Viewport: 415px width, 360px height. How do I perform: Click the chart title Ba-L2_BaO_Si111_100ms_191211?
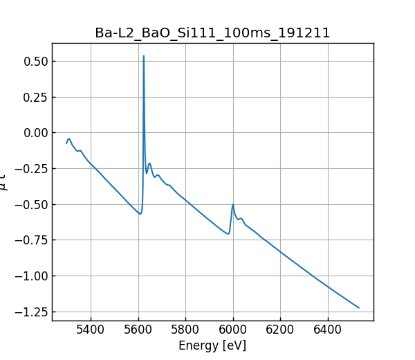pos(212,33)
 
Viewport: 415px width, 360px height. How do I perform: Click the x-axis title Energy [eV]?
pos(212,345)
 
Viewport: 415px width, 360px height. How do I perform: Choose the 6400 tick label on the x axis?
pos(327,330)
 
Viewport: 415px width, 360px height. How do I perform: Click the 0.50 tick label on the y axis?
pos(35,62)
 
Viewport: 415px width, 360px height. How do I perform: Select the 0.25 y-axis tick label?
pos(35,97)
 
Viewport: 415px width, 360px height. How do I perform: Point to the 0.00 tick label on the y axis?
pos(35,133)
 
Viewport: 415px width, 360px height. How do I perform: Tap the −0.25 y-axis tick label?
pos(32,169)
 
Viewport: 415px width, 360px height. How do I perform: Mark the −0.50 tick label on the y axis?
pos(32,204)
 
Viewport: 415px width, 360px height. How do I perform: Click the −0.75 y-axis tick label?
pos(32,240)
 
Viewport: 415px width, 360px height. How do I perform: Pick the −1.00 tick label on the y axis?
pos(32,276)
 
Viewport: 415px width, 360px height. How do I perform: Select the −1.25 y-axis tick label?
pos(32,312)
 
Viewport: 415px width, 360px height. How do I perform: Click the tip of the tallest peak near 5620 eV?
pos(144,56)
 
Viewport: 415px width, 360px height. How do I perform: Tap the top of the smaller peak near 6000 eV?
pos(233,204)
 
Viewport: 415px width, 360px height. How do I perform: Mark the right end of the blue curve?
pos(359,307)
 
